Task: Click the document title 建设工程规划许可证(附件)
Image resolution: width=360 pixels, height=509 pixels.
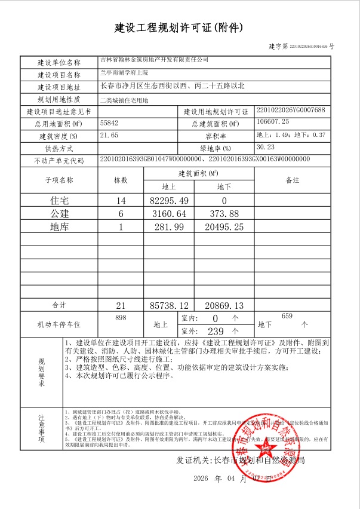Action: [x=179, y=27]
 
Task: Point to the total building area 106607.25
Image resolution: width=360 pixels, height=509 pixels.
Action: [x=275, y=122]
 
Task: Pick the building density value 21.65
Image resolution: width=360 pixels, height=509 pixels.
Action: [x=109, y=135]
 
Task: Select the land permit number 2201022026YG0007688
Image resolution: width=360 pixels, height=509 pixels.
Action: [x=290, y=111]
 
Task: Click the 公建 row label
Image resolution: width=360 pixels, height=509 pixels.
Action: [x=59, y=213]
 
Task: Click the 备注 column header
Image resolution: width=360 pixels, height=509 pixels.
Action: [x=292, y=180]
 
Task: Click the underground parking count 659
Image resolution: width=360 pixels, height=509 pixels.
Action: [x=286, y=316]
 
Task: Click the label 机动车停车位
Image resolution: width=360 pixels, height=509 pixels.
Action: [x=59, y=324]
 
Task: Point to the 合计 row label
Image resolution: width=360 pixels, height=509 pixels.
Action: [x=59, y=305]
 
